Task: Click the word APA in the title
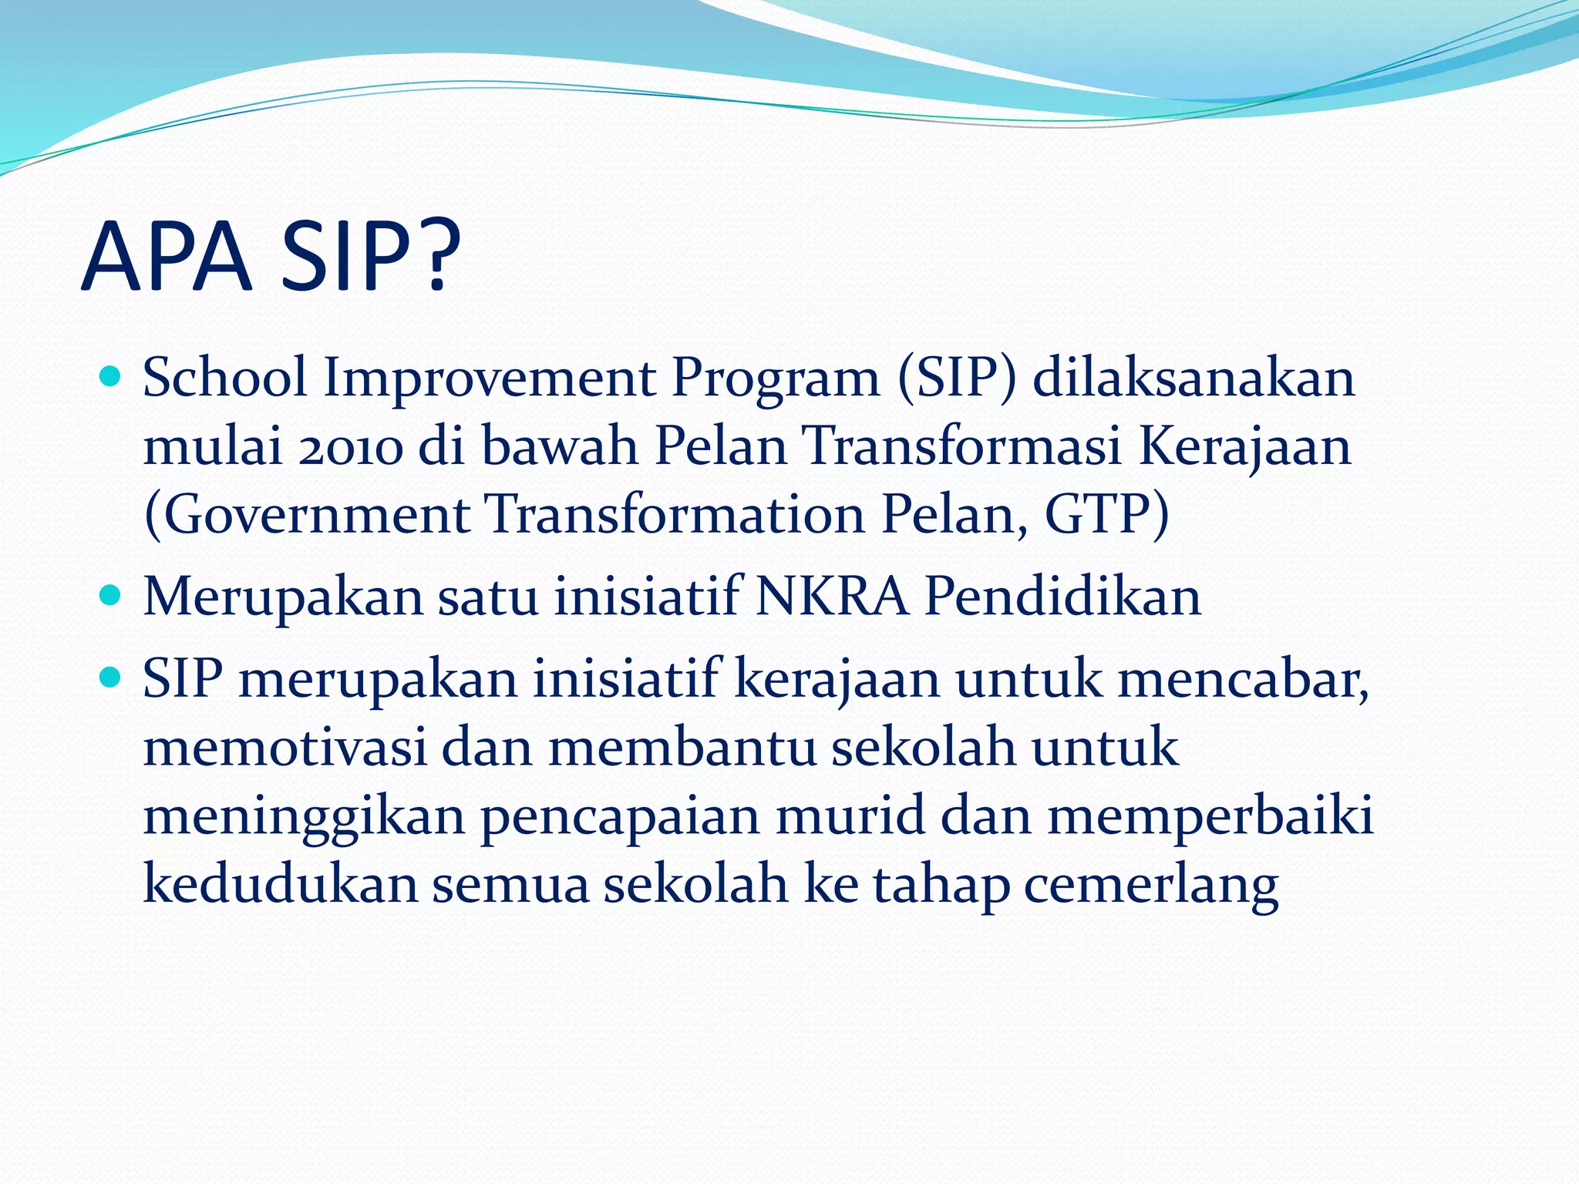[x=167, y=257]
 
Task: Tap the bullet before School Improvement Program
[x=111, y=377]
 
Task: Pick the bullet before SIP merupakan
[x=111, y=678]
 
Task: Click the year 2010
[x=352, y=447]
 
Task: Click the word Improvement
[x=490, y=379]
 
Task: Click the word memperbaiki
[x=1210, y=817]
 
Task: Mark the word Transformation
[x=675, y=514]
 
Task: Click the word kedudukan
[x=281, y=884]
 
